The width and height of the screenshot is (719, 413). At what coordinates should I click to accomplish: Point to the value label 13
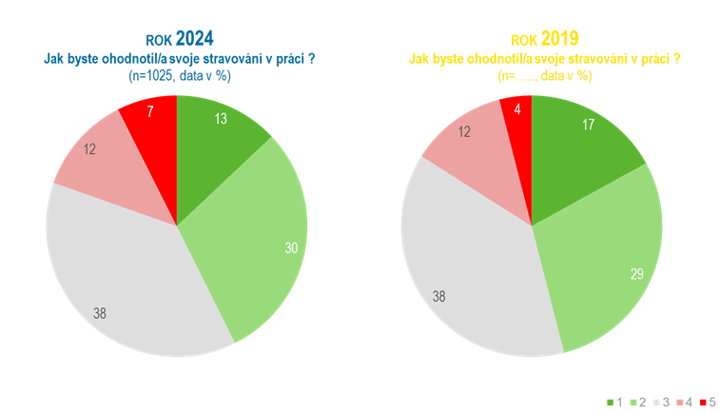pos(221,120)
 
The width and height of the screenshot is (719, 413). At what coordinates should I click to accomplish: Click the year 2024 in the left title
pos(193,38)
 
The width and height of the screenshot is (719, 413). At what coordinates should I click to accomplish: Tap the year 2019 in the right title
pos(559,38)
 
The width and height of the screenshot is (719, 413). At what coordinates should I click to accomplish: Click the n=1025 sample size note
pos(180,76)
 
